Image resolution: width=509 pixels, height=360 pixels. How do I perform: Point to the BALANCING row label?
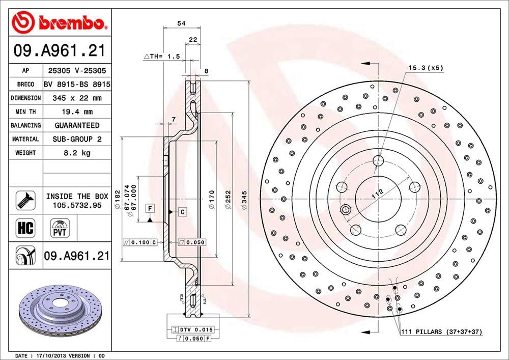[x=26, y=125]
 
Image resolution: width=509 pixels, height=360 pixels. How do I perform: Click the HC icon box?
[x=25, y=228]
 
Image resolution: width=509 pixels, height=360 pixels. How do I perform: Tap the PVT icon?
[x=59, y=228]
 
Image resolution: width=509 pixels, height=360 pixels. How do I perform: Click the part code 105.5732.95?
[x=77, y=205]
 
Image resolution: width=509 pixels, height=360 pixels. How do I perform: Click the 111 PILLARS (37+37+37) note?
[x=440, y=332]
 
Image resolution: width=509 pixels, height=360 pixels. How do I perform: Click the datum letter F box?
[x=150, y=208]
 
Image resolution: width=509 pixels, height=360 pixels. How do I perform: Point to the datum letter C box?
[x=182, y=211]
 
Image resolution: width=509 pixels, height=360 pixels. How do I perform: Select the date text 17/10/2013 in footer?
[x=51, y=355]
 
